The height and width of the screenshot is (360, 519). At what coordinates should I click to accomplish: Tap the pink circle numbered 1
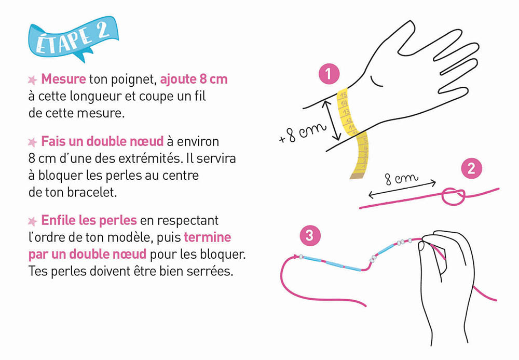[x=329, y=74]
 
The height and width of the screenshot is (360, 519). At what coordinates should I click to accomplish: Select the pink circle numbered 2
[x=471, y=169]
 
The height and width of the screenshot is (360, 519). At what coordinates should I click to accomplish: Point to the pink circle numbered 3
[x=310, y=235]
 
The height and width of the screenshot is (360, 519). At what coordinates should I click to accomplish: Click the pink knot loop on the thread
[x=453, y=197]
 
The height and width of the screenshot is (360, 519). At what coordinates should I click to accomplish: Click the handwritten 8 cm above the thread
[x=401, y=179]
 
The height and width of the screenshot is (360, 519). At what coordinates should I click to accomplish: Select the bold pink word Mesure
[x=63, y=79]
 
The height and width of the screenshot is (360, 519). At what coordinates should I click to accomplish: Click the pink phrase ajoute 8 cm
[x=194, y=79]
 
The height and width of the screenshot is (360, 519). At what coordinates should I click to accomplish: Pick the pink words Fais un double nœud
[x=102, y=141]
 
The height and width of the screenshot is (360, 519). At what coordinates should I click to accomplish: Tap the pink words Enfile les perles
[x=89, y=220]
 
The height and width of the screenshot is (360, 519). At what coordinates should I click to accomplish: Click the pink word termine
[x=207, y=237]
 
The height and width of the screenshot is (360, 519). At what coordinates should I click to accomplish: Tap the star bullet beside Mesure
[x=32, y=80]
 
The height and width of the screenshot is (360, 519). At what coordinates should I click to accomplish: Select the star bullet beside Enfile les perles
[x=32, y=221]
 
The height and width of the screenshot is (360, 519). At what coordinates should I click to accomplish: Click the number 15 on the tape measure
[x=343, y=95]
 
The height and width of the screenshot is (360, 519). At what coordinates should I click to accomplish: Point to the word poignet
[x=133, y=79]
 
